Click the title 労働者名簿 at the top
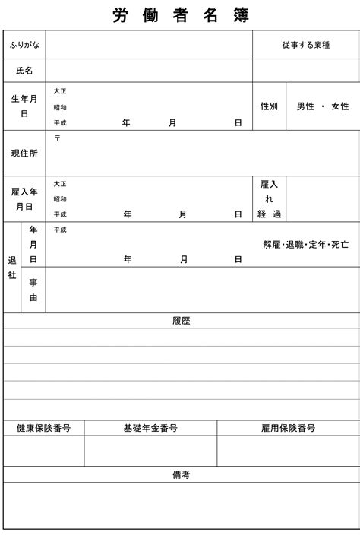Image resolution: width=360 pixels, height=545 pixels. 180,15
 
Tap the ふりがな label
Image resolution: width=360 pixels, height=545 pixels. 24,46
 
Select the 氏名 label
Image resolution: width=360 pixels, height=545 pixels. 24,71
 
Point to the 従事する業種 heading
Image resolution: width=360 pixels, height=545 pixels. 305,46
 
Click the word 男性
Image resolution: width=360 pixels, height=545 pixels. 305,106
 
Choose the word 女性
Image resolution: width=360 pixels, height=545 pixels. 339,106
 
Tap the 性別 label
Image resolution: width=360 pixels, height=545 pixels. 269,106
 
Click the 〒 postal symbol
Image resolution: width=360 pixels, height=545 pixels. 58,138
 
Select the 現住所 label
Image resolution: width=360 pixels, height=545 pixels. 24,153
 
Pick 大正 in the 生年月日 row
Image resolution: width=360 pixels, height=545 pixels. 60,91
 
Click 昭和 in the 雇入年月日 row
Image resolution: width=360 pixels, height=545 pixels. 60,199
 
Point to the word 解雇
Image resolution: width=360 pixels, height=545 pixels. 272,245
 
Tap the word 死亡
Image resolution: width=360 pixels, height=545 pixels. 339,245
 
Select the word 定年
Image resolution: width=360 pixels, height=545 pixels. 317,245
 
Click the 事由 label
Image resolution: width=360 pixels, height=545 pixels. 33,290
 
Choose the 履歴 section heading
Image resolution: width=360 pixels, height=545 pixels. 181,321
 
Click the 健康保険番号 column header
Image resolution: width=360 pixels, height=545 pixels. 44,429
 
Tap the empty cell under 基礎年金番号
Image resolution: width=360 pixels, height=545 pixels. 150,452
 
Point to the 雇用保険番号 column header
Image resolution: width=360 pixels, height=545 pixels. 288,429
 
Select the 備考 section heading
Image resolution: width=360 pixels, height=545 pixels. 181,475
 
